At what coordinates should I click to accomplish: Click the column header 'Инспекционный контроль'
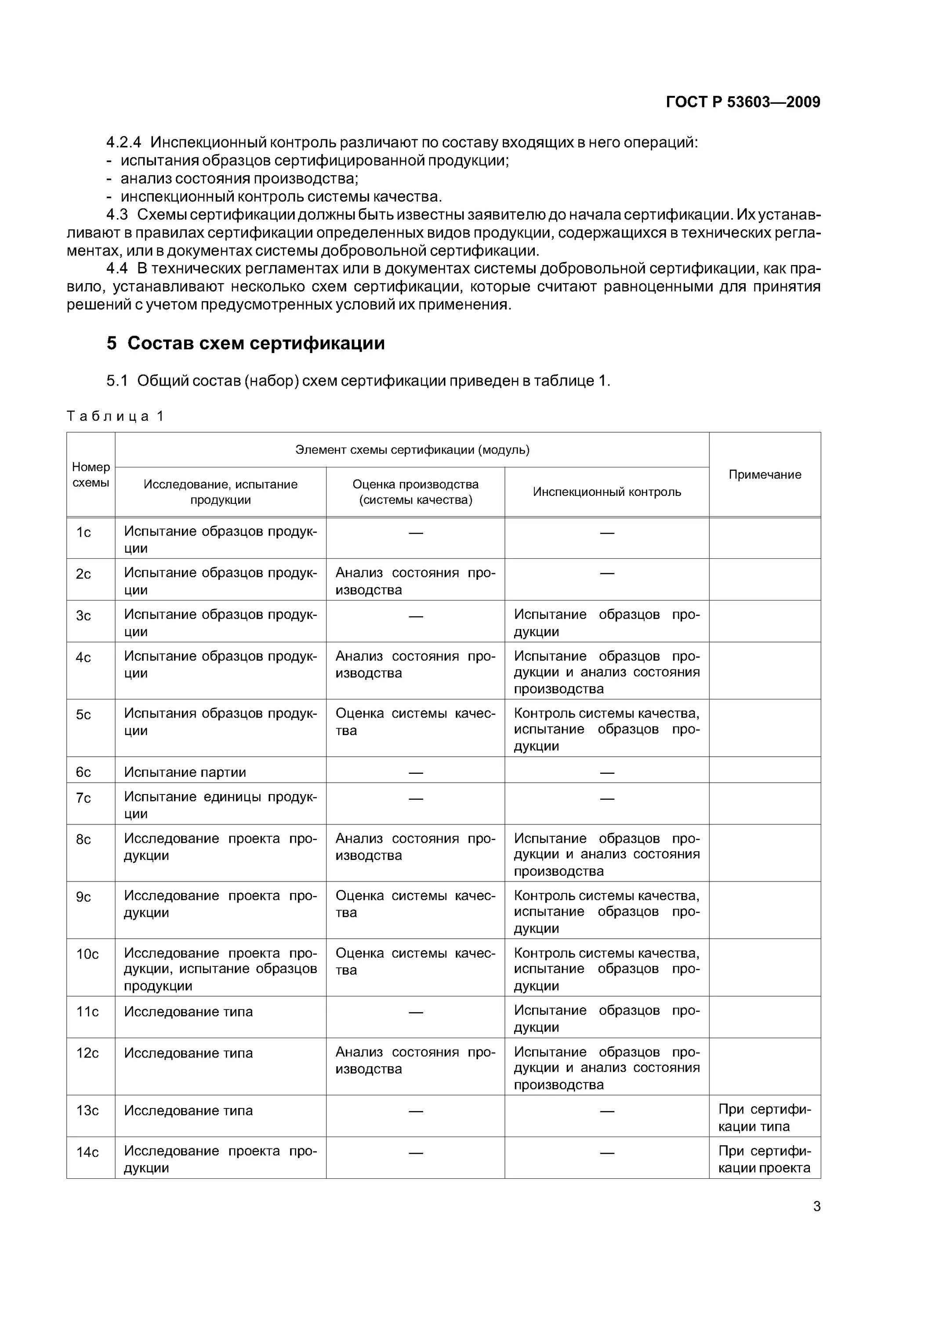click(x=606, y=492)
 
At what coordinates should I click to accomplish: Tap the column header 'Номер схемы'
click(x=91, y=474)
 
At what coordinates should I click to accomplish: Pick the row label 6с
click(x=84, y=772)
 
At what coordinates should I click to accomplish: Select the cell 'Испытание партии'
click(x=185, y=772)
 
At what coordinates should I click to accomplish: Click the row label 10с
click(x=87, y=954)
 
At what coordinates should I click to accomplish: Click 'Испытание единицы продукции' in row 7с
click(x=220, y=805)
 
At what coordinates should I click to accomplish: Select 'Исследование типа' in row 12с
click(x=189, y=1053)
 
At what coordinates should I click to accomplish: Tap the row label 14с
click(x=87, y=1152)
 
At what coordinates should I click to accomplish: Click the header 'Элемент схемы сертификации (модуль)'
click(x=412, y=450)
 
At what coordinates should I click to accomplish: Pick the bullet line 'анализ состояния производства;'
click(x=239, y=179)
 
